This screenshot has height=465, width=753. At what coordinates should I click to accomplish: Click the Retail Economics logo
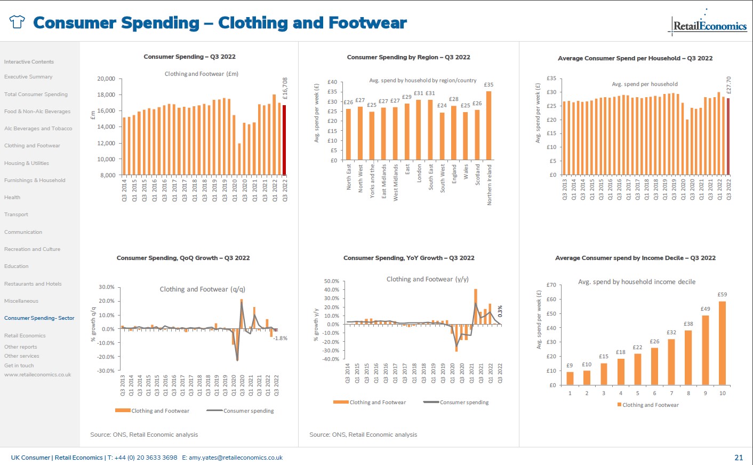tap(709, 25)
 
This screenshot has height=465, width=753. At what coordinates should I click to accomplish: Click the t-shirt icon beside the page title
tap(17, 22)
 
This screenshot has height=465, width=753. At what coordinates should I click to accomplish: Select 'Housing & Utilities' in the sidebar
tap(27, 163)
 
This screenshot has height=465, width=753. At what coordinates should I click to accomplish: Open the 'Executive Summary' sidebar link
tap(28, 77)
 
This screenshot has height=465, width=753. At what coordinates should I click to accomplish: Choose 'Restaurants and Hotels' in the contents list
tap(33, 284)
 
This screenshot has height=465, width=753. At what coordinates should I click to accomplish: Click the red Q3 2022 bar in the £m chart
tap(284, 140)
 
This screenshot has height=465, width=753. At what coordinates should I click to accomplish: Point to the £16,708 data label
tap(285, 89)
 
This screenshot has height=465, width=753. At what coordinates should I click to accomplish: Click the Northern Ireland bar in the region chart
tap(488, 125)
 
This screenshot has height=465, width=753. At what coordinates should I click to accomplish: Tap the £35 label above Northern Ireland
tap(488, 85)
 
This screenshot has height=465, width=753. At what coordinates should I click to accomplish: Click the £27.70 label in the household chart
tap(728, 85)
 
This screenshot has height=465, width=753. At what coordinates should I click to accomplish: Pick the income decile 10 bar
tap(722, 343)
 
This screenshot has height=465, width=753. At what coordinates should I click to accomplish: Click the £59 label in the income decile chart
tap(722, 295)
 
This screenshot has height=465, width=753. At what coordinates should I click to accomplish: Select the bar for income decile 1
tap(570, 378)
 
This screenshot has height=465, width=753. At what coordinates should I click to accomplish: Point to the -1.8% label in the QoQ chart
tap(281, 338)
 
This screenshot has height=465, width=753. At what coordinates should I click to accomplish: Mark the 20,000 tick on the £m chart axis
tap(106, 78)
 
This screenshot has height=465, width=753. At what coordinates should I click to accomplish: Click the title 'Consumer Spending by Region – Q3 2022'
tap(408, 57)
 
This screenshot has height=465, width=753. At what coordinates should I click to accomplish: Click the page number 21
tap(739, 458)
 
